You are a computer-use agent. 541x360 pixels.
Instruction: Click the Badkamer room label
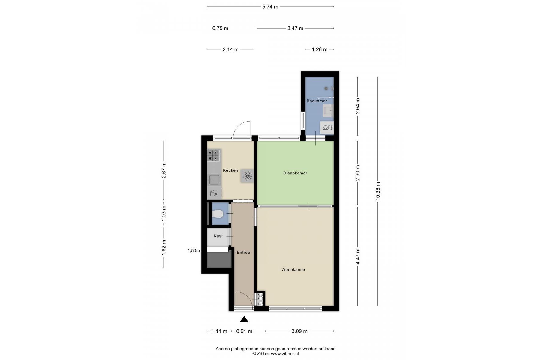pyautogui.click(x=317, y=101)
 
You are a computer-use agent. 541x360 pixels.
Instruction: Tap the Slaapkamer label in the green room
pyautogui.click(x=295, y=173)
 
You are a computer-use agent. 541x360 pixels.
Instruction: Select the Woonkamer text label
pyautogui.click(x=293, y=270)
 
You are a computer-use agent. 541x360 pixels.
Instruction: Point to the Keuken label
pyautogui.click(x=230, y=170)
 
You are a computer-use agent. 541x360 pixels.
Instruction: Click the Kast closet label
pyautogui.click(x=218, y=236)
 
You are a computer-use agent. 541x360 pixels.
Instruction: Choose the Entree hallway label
pyautogui.click(x=243, y=253)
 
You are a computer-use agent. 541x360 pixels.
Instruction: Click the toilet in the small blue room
pyautogui.click(x=217, y=214)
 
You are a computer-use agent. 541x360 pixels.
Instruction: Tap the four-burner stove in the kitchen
pyautogui.click(x=214, y=155)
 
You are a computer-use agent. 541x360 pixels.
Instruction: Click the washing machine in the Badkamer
pyautogui.click(x=327, y=127)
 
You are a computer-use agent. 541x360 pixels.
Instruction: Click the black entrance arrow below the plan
pyautogui.click(x=244, y=319)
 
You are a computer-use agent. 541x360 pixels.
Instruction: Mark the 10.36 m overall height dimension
pyautogui.click(x=378, y=191)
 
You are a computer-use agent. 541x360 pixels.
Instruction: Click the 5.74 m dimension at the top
pyautogui.click(x=270, y=7)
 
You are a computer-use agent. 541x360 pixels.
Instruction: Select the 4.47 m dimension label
pyautogui.click(x=358, y=256)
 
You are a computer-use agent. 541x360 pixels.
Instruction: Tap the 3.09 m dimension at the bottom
pyautogui.click(x=299, y=331)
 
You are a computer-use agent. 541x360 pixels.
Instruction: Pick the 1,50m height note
pyautogui.click(x=194, y=251)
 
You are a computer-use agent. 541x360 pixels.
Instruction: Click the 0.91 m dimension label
pyautogui.click(x=244, y=331)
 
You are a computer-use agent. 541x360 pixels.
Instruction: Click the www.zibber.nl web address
pyautogui.click(x=285, y=354)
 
